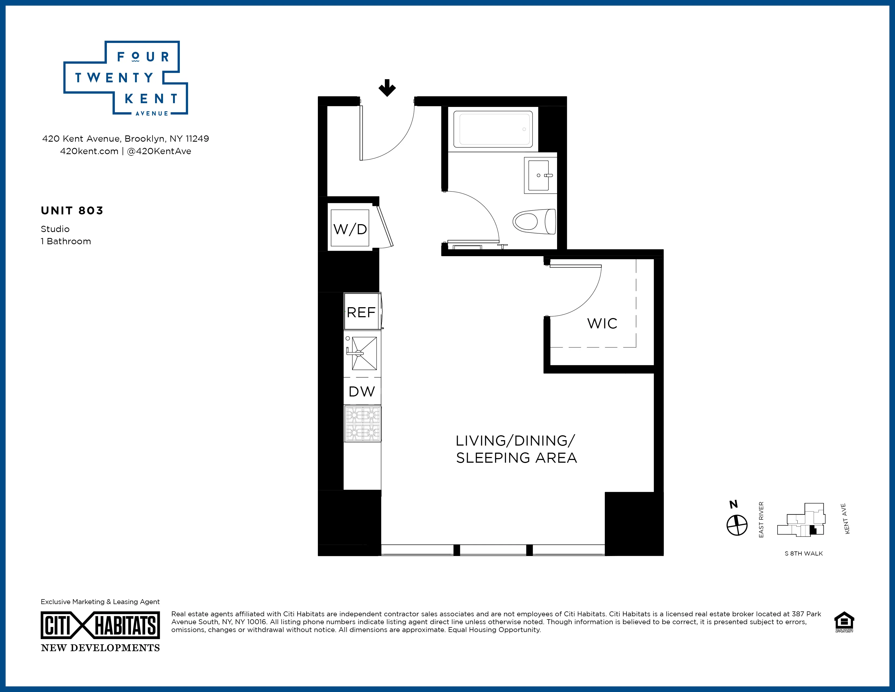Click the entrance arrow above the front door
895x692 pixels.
[x=387, y=88]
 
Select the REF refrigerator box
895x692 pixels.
[x=361, y=312]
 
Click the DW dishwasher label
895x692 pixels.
[x=362, y=392]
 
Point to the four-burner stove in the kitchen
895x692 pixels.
[x=362, y=424]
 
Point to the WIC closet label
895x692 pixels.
[x=602, y=323]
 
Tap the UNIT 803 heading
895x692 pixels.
[x=72, y=211]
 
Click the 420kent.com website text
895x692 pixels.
[x=89, y=151]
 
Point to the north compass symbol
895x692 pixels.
[x=737, y=525]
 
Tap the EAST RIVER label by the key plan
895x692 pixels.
[x=761, y=519]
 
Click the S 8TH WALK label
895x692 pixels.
[x=804, y=553]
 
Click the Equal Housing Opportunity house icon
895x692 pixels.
[x=844, y=622]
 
